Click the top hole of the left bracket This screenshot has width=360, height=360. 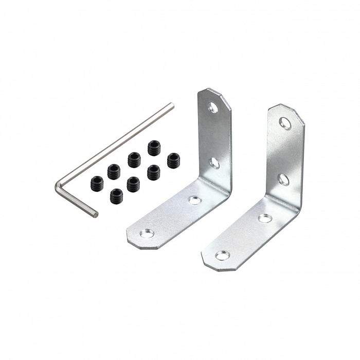point(213,107)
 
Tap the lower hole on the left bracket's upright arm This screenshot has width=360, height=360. point(214,163)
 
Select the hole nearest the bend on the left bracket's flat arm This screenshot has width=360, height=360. point(195,200)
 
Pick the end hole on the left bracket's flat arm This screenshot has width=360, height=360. point(147,233)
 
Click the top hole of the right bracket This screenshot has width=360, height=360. point(285,122)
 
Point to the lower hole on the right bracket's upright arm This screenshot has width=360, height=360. point(283,179)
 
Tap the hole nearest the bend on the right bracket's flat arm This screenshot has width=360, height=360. point(264,218)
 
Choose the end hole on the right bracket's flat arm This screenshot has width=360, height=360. point(222,255)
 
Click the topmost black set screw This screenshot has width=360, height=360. point(154,148)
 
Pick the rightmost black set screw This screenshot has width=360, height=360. point(173,160)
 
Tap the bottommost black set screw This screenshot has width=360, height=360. point(117,195)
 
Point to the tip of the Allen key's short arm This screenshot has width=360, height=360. point(95,213)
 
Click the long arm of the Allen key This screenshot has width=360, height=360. point(116,145)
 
